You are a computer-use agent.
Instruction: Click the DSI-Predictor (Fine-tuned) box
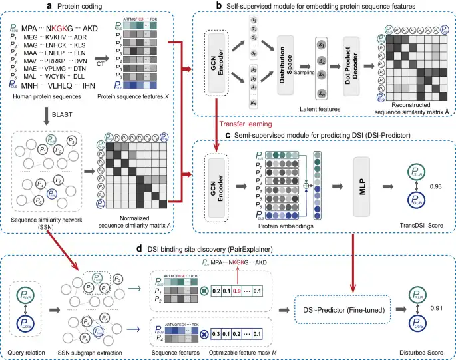(x=339, y=311)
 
